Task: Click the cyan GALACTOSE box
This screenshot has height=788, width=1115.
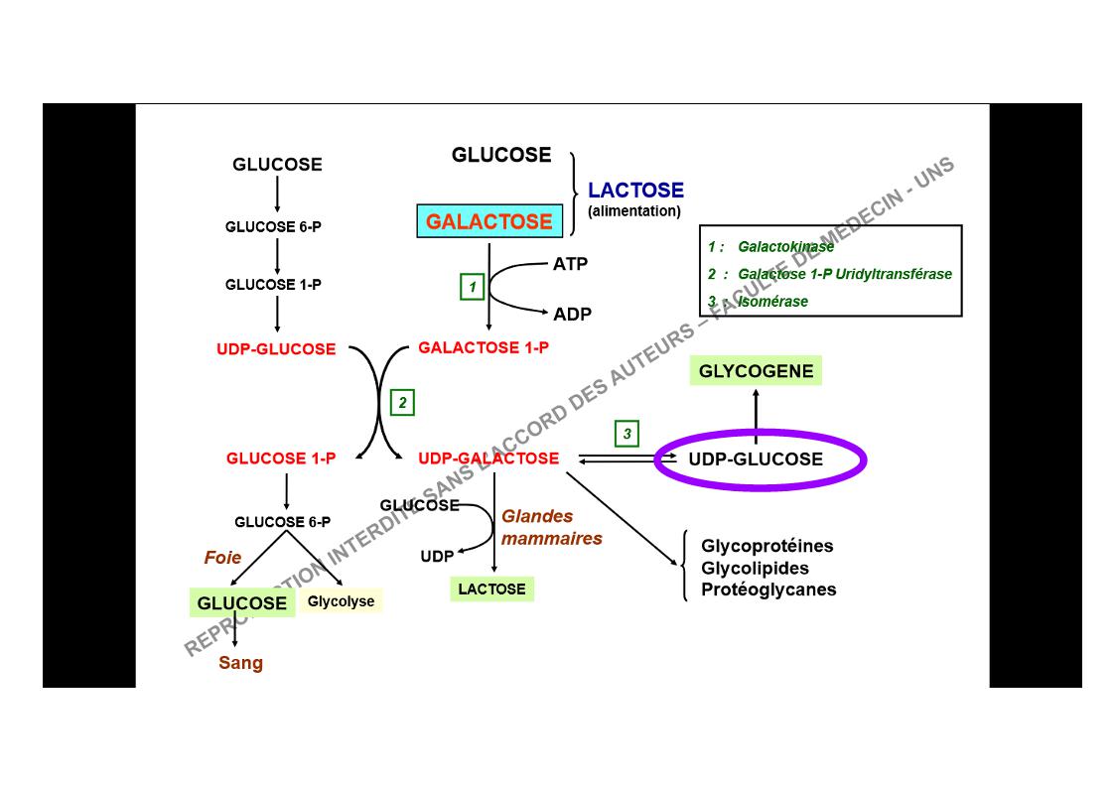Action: [489, 221]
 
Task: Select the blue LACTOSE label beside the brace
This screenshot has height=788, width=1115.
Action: [635, 191]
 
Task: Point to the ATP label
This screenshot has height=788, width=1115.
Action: [570, 264]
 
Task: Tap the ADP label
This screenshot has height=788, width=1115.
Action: [572, 314]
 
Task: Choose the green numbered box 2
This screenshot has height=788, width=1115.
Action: [402, 402]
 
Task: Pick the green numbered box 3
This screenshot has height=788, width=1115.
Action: [627, 434]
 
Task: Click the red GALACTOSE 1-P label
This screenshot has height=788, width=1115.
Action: [484, 348]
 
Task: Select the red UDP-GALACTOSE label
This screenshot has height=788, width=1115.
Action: [488, 459]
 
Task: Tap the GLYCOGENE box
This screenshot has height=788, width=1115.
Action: [756, 371]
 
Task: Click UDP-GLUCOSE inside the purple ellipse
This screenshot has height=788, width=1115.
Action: [756, 460]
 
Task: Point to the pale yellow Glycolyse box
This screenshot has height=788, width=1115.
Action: [341, 601]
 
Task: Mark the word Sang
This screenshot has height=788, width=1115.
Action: [241, 663]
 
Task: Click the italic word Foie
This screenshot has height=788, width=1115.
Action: [222, 558]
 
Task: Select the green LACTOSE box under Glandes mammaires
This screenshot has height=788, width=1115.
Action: [491, 589]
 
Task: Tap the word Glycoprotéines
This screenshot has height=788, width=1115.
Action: [767, 546]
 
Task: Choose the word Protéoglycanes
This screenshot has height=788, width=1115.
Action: [768, 590]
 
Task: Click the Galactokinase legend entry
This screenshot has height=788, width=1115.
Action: [785, 247]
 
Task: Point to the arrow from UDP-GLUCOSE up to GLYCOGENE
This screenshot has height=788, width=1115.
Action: [756, 414]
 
